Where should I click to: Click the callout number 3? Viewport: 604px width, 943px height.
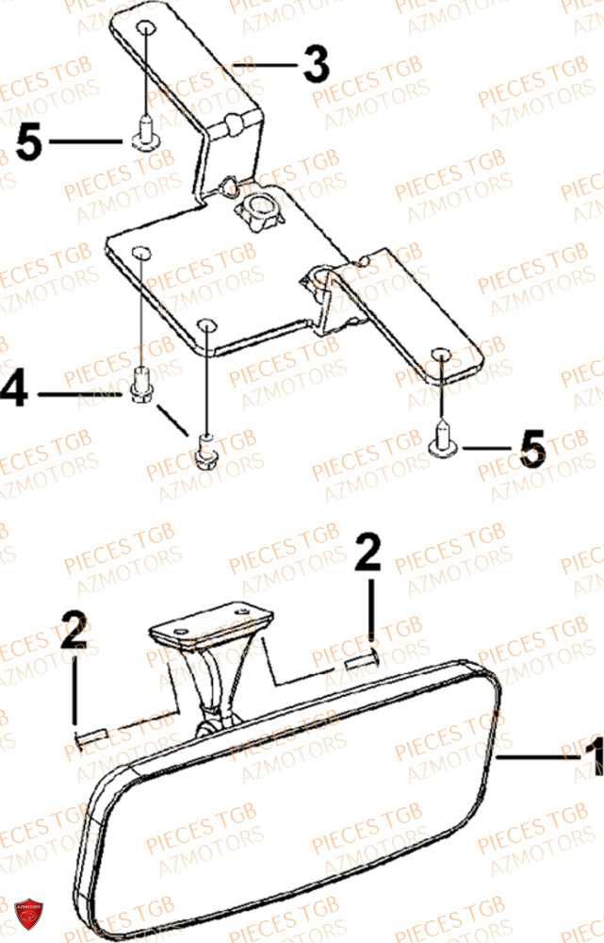coord(315,65)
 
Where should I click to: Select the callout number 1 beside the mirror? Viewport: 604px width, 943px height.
coord(592,756)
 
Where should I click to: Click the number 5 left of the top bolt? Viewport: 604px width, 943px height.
coord(29,142)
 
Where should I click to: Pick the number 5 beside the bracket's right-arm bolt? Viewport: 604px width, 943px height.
coord(532,448)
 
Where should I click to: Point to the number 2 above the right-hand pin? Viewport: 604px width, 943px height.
coord(367,554)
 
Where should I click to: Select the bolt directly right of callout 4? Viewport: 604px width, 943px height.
coord(142,387)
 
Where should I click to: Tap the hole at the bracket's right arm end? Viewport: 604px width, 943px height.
coord(443,355)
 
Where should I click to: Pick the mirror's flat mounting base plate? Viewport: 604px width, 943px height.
coord(211,623)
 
